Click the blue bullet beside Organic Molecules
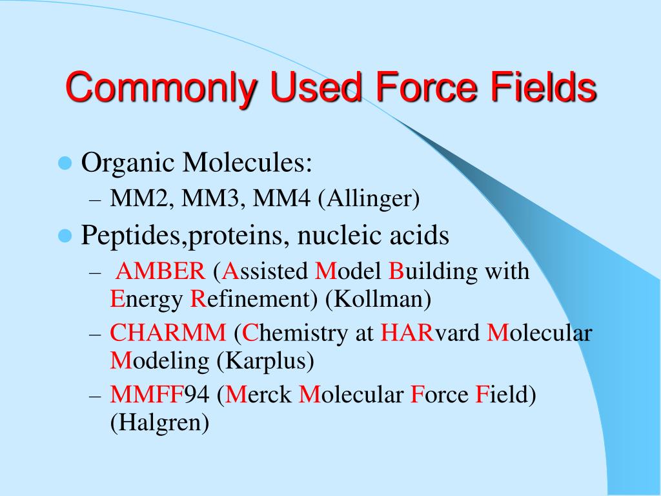(x=64, y=163)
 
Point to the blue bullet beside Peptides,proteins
(x=64, y=236)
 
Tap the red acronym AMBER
(x=160, y=271)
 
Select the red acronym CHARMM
(x=168, y=333)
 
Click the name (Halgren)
(x=159, y=422)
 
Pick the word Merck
(x=258, y=395)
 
